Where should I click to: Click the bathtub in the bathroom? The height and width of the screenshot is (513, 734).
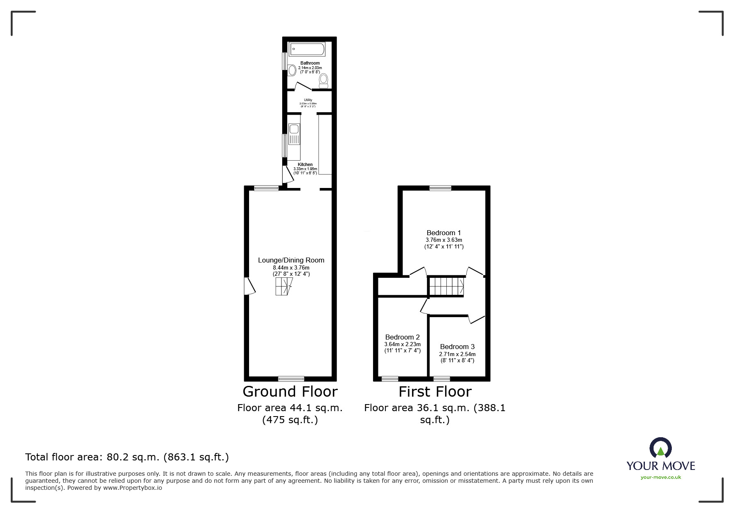[x=307, y=49]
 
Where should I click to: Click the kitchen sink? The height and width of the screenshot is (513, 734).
[x=294, y=129]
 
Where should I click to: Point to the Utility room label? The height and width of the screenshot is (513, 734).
[x=308, y=100]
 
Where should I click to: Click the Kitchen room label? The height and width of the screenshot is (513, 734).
[x=305, y=164]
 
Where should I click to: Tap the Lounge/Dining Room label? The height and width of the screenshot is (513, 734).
[x=291, y=260]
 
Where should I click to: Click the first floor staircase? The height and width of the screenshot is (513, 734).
[x=446, y=286]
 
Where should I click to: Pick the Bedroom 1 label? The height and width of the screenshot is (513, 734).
[x=443, y=233]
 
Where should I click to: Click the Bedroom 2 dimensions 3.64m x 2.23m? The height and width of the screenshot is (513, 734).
[x=402, y=344]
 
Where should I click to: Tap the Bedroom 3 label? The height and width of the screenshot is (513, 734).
[x=457, y=347]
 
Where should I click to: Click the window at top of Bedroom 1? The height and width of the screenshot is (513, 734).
[x=440, y=188]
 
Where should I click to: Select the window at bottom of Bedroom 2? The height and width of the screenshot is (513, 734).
[x=390, y=378]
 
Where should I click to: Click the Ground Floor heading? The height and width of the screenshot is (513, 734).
[x=290, y=391]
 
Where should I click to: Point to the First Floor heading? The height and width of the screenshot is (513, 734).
[x=435, y=391]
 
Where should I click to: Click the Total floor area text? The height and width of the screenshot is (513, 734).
[x=127, y=457]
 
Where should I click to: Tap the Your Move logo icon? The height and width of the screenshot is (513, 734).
[x=660, y=448]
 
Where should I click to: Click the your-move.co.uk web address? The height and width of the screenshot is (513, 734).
[x=661, y=477]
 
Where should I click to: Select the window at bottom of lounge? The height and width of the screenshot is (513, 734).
[x=291, y=378]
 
